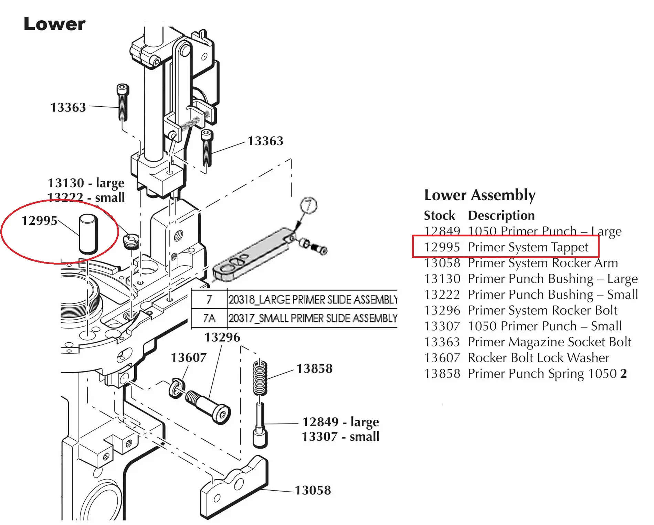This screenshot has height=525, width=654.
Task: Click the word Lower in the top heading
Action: click(54, 24)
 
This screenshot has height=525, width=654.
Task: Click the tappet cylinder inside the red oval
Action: click(88, 234)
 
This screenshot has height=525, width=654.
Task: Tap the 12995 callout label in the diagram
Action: click(39, 221)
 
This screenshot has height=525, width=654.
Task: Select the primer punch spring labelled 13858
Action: click(260, 377)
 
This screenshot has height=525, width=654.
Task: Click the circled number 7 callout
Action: click(308, 206)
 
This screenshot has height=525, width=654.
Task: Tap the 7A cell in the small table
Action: click(209, 318)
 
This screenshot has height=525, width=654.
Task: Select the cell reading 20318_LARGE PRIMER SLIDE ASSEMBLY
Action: click(313, 300)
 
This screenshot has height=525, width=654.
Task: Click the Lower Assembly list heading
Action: click(479, 195)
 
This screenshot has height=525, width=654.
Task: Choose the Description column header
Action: click(501, 215)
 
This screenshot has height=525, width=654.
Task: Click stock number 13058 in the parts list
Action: click(442, 263)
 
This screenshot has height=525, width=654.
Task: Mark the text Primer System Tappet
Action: click(528, 247)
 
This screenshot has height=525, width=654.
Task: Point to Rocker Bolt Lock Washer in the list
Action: click(538, 358)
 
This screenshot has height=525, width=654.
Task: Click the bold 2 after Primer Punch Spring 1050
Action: click(623, 374)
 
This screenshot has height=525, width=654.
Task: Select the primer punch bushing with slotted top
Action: click(131, 240)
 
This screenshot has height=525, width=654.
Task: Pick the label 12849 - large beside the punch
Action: click(340, 422)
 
